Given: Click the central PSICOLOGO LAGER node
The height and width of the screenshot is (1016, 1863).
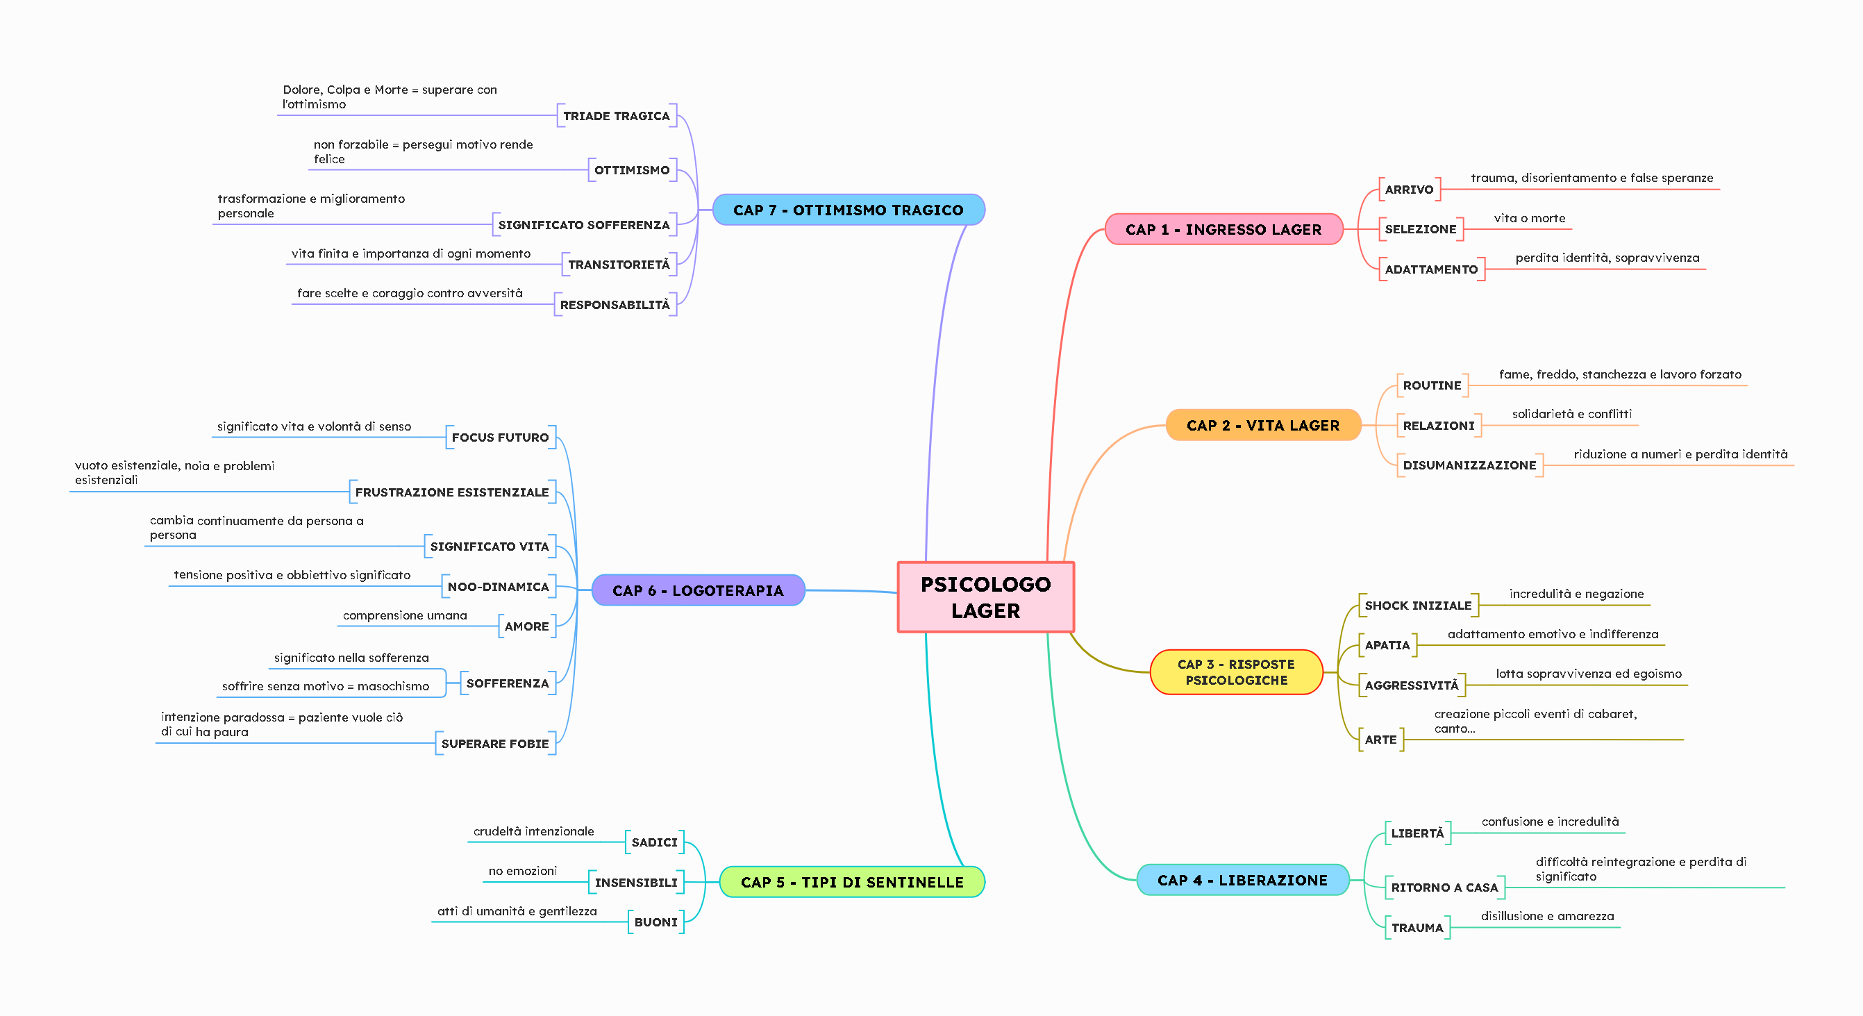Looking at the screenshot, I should coord(985,597).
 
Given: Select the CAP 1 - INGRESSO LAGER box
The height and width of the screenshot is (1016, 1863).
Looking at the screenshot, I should coord(1223,229).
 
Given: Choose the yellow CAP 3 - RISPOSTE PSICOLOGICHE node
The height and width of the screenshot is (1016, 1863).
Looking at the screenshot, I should coord(1235,672).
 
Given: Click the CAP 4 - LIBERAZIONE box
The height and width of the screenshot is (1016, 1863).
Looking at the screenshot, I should coord(1242,880).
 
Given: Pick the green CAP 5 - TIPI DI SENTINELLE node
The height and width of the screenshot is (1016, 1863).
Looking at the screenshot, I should coord(851,882).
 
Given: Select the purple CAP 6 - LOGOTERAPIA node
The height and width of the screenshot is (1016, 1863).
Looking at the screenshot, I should coord(697,590).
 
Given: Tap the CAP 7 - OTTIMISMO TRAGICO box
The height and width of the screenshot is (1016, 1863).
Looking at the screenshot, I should coord(848,210).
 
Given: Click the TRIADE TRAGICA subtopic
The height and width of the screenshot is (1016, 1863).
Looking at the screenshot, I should coord(616,116).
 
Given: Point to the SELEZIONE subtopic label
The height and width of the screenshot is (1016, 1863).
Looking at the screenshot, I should coord(1420,229).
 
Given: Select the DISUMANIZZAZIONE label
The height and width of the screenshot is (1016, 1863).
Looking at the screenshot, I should coord(1469,465).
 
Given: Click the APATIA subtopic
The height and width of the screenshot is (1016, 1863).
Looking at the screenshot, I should coord(1387,645).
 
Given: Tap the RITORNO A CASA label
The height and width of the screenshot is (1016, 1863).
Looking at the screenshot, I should coord(1444,888).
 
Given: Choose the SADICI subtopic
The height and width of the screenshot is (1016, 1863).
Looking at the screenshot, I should coord(654,842).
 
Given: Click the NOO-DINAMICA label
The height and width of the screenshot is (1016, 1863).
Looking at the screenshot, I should coord(498,586).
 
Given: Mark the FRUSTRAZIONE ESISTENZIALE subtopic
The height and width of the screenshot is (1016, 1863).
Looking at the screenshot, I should coord(451,492).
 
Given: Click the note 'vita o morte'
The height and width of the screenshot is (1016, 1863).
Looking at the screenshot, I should coord(1529,218).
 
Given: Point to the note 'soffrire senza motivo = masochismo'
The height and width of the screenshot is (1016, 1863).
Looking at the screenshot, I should coord(325,686).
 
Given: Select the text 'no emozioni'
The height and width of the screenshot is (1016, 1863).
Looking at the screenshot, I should coord(522,871).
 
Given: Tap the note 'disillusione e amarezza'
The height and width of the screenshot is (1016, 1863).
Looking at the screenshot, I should coord(1546,916).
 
